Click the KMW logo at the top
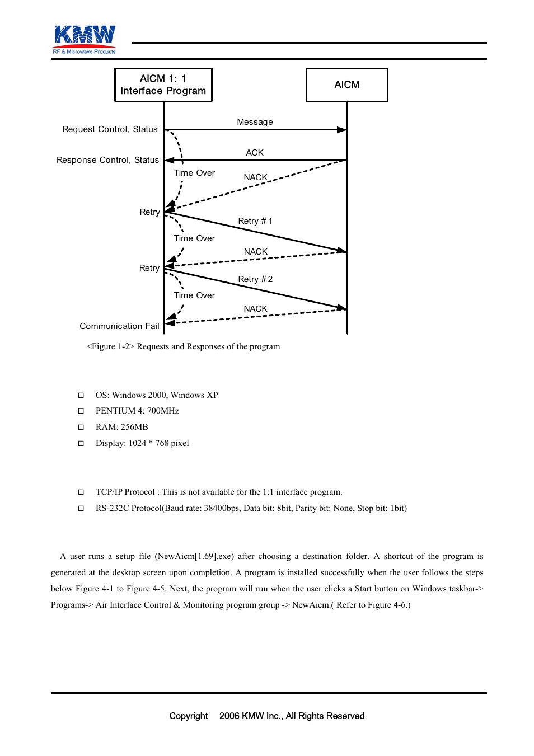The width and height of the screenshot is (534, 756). click(85, 39)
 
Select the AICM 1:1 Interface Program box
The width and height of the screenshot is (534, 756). click(163, 84)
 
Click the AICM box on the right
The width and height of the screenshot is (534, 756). click(346, 84)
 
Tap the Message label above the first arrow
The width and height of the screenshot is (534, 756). click(255, 122)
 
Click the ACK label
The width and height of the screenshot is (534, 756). click(255, 152)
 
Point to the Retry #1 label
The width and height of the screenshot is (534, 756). click(255, 221)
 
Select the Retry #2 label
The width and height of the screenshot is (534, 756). click(255, 279)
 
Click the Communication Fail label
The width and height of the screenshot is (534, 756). click(119, 326)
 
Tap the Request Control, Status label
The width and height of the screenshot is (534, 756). click(110, 129)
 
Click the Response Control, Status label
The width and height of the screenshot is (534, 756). click(107, 160)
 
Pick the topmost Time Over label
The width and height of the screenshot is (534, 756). click(194, 173)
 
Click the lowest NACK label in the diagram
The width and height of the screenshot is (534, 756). click(255, 309)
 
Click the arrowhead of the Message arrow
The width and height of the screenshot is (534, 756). click(341, 130)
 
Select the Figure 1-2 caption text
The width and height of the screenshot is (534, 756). click(183, 346)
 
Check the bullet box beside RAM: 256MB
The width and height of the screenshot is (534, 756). click(81, 427)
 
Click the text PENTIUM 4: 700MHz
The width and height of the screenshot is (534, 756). click(137, 411)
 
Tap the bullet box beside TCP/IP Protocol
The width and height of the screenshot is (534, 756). click(81, 492)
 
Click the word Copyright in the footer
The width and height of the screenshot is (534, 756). click(189, 716)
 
